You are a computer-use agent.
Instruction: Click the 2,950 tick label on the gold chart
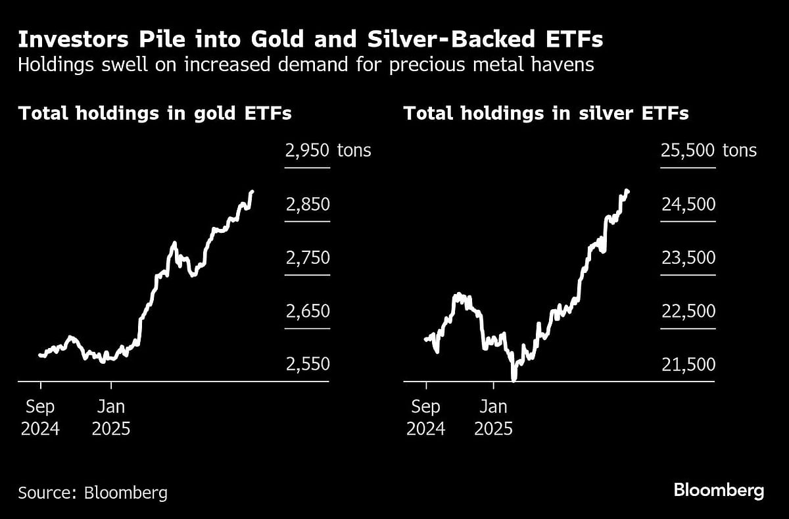point(307,151)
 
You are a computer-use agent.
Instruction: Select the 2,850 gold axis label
point(307,205)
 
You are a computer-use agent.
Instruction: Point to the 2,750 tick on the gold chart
point(307,258)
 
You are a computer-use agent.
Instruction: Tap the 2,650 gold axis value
point(307,311)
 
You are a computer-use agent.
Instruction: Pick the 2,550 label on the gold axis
point(307,364)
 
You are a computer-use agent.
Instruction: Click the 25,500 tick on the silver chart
point(687,151)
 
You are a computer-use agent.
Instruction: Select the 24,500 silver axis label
point(687,205)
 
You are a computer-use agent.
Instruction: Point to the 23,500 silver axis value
point(687,258)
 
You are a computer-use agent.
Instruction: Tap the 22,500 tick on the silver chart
point(687,311)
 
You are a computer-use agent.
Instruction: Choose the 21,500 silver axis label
point(687,364)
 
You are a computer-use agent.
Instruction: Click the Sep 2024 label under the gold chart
point(40,418)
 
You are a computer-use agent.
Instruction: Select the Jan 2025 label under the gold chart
point(110,418)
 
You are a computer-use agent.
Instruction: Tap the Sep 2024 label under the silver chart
point(425,418)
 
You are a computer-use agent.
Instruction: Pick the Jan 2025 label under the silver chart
point(492,418)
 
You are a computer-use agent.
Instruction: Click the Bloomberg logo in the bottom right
point(719,490)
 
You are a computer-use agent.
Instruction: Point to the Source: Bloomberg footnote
point(93,492)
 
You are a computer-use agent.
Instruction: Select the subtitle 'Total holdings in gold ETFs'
point(155,113)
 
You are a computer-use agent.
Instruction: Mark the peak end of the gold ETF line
point(253,191)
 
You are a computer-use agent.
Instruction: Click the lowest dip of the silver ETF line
point(514,378)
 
